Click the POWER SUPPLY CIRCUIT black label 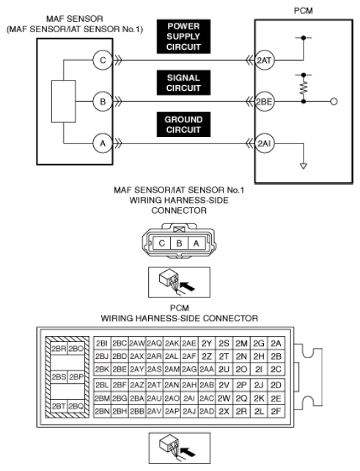coord(183,37)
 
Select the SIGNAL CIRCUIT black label coord(183,83)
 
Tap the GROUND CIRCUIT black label coord(183,125)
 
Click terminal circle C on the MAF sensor coord(103,60)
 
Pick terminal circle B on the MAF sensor coord(103,102)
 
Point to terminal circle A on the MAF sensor coord(103,144)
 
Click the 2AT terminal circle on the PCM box coord(265,60)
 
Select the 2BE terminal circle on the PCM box coord(265,102)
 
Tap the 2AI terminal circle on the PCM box coord(265,144)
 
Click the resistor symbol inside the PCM coord(304,87)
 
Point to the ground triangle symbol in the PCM coord(304,166)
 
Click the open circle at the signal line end coord(334,102)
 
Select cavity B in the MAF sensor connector coord(179,243)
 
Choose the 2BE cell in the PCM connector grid coord(120,369)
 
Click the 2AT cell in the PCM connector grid coord(154,385)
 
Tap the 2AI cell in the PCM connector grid coord(189,398)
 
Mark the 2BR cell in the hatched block coord(59,349)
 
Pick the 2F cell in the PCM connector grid coord(276,411)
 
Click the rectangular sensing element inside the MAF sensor coord(63,101)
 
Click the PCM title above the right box coord(303,11)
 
